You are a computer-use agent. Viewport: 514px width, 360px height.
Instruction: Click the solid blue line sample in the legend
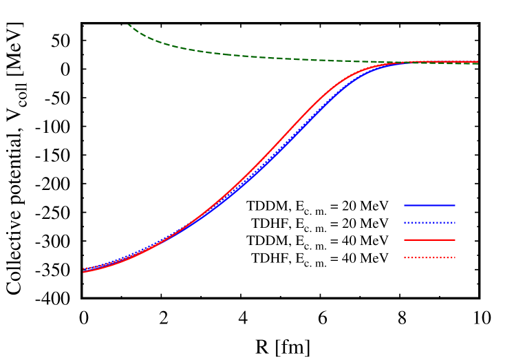429,205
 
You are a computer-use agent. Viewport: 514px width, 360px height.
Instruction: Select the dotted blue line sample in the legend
429,222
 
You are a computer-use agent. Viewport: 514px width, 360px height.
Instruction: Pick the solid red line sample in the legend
429,240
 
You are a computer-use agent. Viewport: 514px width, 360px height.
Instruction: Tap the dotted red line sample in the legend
429,257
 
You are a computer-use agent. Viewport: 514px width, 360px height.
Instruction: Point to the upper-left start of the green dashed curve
128,25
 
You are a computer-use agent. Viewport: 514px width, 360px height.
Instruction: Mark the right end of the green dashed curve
478,63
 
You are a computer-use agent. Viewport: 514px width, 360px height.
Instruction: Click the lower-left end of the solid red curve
84,272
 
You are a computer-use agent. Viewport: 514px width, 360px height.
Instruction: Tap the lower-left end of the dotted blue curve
84,268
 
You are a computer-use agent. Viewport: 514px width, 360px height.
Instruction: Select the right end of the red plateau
478,61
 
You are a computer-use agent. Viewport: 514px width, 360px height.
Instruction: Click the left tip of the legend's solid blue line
405,205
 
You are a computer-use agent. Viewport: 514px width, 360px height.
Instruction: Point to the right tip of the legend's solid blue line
455,205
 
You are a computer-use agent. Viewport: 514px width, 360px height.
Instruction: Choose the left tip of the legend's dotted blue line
405,222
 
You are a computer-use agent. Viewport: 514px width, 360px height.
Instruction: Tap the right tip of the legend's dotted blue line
455,222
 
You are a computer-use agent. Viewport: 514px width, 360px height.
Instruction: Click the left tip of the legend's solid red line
405,240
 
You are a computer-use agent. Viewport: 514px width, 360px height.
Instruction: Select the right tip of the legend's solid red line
455,240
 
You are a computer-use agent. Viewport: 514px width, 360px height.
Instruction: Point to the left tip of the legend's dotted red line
405,257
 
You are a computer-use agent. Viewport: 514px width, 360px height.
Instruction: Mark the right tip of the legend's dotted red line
455,257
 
